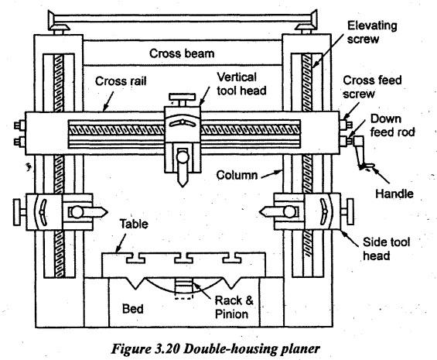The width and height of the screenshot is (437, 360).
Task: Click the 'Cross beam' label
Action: [182, 53]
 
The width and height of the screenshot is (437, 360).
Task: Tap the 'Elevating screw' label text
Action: [372, 32]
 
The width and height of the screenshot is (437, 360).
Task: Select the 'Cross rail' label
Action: [121, 81]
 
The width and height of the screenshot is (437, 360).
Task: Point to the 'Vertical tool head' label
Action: [241, 84]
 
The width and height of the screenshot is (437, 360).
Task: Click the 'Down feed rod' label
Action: [392, 125]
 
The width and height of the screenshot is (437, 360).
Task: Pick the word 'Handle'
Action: [394, 194]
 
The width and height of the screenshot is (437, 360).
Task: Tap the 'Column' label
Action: [237, 175]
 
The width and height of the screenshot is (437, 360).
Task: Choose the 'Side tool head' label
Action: [386, 249]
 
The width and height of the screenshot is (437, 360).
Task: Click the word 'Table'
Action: [134, 224]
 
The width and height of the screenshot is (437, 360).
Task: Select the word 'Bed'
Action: [133, 309]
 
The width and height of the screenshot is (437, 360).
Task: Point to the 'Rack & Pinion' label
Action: [234, 307]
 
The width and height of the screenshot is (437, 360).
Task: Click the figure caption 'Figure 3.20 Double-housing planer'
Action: [216, 349]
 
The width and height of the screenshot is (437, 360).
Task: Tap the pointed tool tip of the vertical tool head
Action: [183, 185]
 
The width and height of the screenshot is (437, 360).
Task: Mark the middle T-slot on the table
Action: [183, 258]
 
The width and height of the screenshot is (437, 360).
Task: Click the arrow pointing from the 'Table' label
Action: [121, 243]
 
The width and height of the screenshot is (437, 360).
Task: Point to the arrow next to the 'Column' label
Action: [271, 174]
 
